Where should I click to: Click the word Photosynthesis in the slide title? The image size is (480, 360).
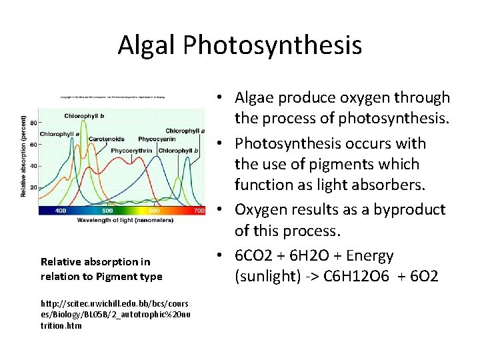273,45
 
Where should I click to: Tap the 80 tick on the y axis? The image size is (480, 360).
33,123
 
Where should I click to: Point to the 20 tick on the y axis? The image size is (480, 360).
33,187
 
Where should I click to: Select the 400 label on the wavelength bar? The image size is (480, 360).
61,211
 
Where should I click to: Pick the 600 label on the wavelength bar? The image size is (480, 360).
155,211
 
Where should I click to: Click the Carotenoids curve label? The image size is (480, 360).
107,139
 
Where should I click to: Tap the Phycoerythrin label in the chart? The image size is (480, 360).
132,151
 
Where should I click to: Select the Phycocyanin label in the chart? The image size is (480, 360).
157,139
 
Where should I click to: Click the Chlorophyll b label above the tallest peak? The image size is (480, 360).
84,116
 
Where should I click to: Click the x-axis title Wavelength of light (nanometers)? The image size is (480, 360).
121,219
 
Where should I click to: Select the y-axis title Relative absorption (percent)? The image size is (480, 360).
23,157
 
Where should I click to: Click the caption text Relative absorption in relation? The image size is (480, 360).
95,262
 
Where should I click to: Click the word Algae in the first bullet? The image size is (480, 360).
257,98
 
